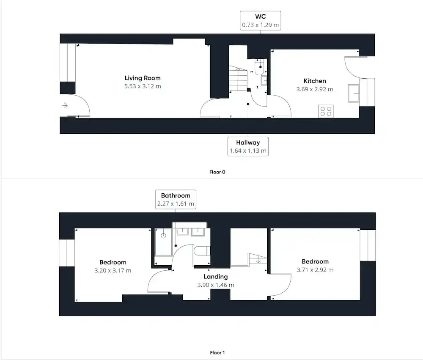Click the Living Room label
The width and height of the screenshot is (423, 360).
(142, 78)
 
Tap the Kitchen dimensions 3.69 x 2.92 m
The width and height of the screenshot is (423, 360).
(314, 89)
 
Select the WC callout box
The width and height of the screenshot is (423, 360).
(260, 21)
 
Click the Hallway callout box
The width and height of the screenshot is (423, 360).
(248, 146)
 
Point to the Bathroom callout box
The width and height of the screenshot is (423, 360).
(176, 199)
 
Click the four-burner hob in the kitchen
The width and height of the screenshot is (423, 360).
(326, 111)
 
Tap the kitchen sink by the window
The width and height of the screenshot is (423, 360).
(353, 93)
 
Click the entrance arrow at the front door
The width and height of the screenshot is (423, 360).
(65, 106)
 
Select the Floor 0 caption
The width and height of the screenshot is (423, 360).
(217, 172)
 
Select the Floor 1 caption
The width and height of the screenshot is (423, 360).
(217, 352)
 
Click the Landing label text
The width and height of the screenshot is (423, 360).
(216, 277)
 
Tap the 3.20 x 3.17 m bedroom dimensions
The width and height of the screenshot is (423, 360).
(113, 271)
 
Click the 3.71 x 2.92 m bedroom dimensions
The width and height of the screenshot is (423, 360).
(315, 270)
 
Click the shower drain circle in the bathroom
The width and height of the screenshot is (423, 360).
(163, 236)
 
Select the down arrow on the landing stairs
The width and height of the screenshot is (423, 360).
(258, 260)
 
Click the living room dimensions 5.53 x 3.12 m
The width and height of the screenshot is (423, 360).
(142, 86)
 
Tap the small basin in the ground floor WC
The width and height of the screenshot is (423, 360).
(264, 80)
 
